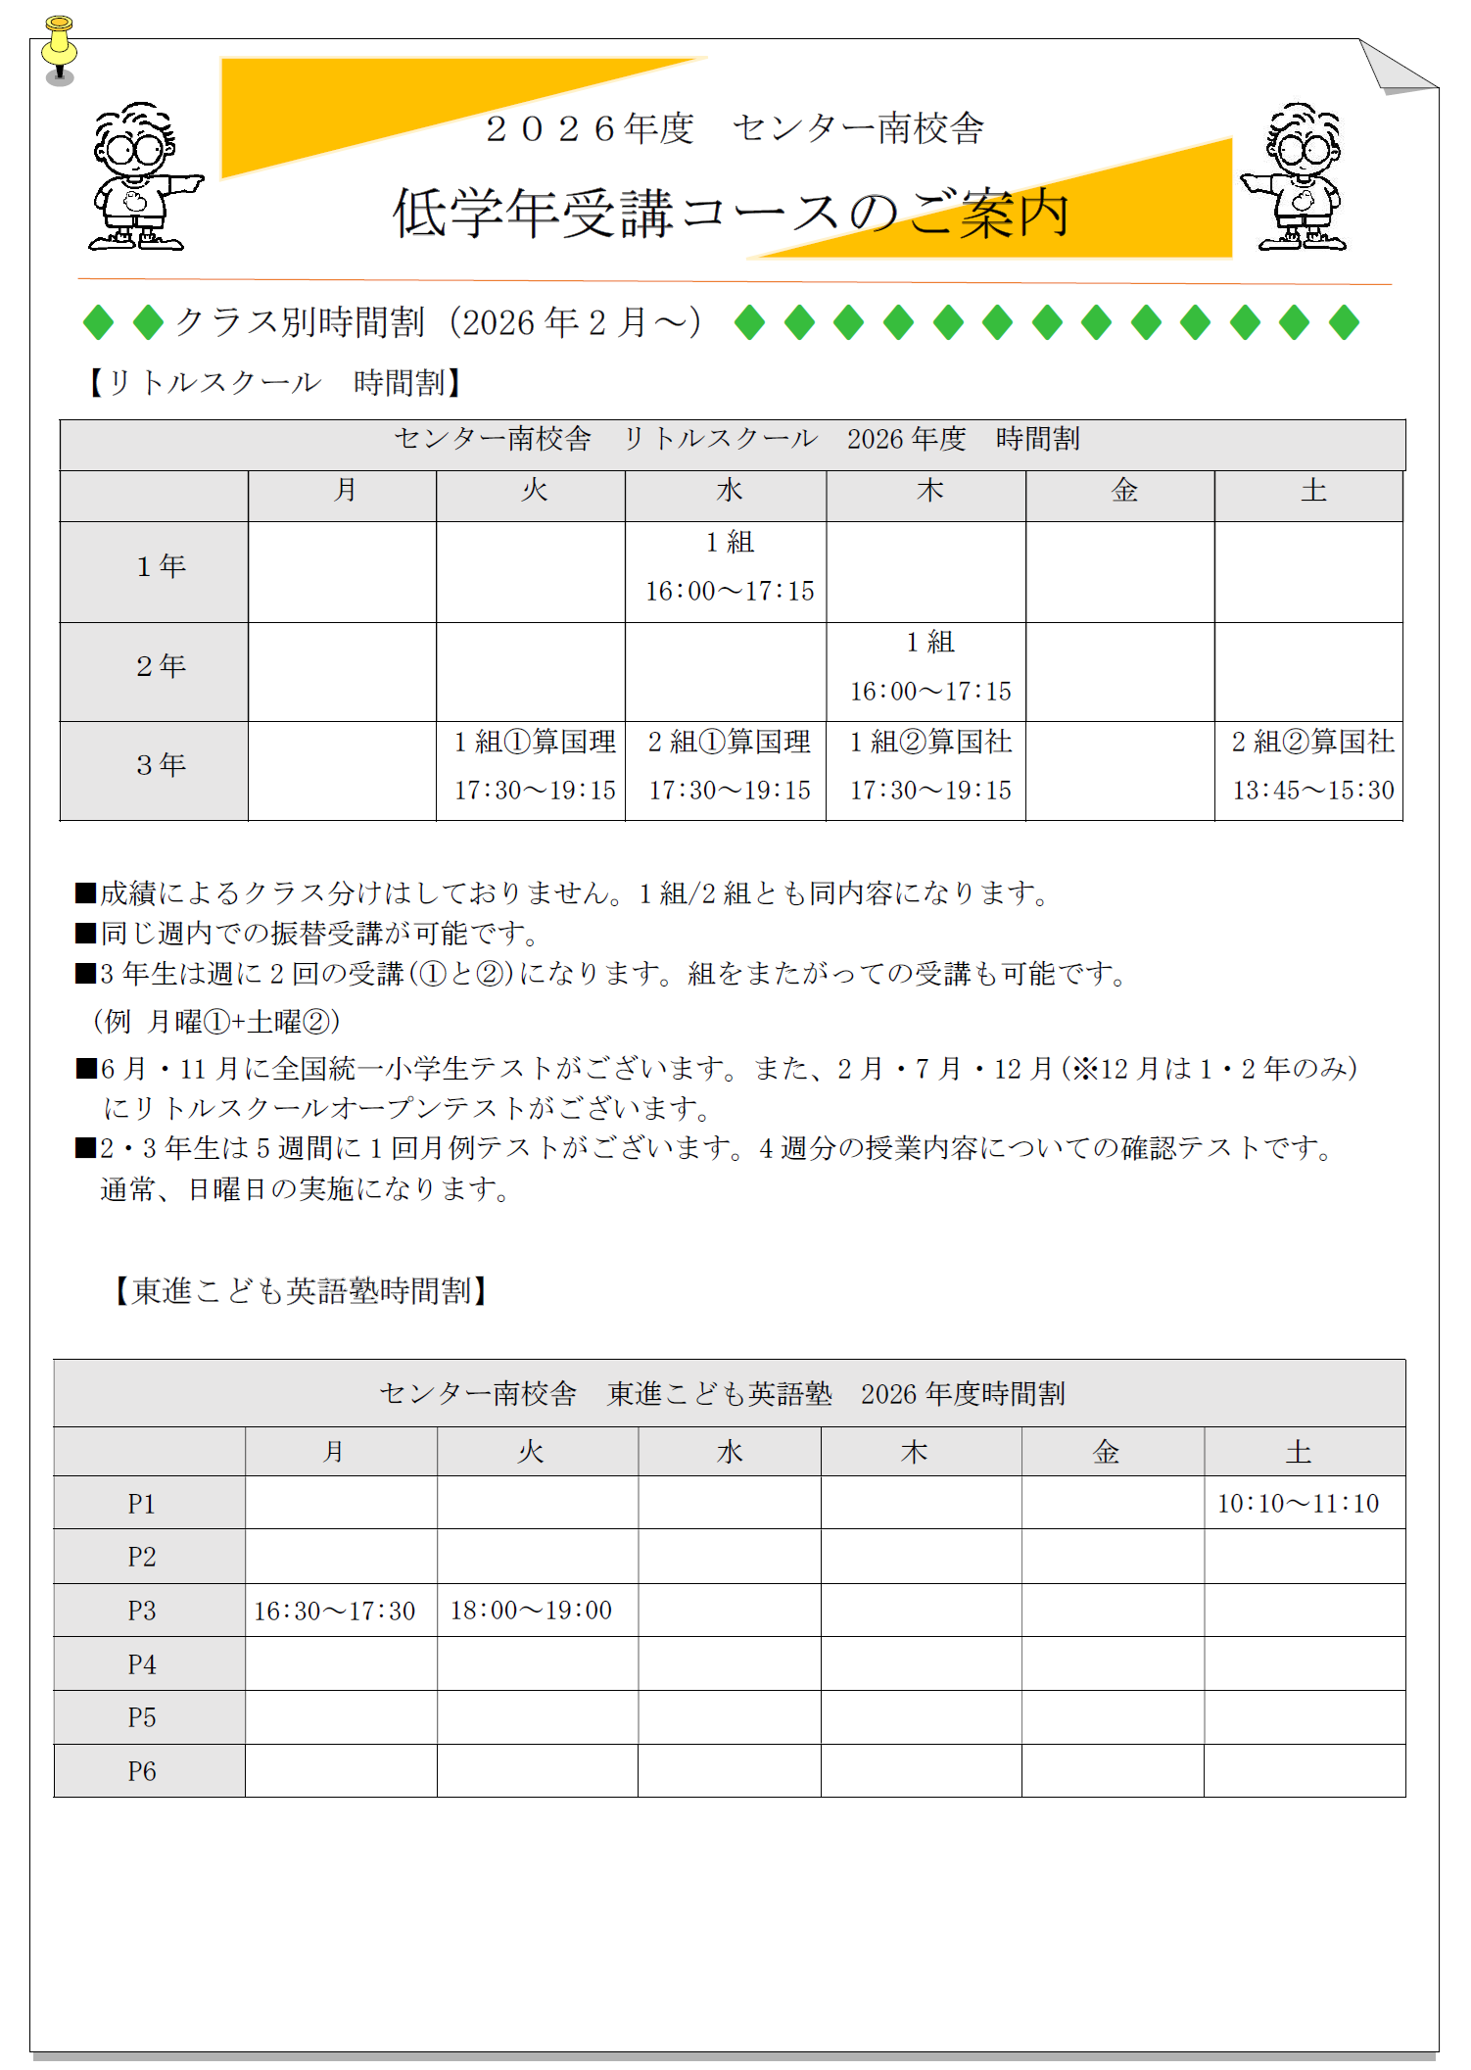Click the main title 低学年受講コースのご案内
pos(730,213)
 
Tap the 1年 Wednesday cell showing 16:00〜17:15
pos(730,591)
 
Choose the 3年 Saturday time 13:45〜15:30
pos(1312,791)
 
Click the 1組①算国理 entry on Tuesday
pos(535,743)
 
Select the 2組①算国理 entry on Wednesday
pos(730,743)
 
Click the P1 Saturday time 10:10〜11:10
pos(1298,1504)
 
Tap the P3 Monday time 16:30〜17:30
pos(335,1612)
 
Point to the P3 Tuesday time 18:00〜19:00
pos(531,1611)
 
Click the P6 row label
pos(142,1771)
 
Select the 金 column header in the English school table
pos(1106,1452)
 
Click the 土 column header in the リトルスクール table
pos(1312,491)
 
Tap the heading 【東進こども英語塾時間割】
pos(301,1291)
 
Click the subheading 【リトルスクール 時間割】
pos(275,383)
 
